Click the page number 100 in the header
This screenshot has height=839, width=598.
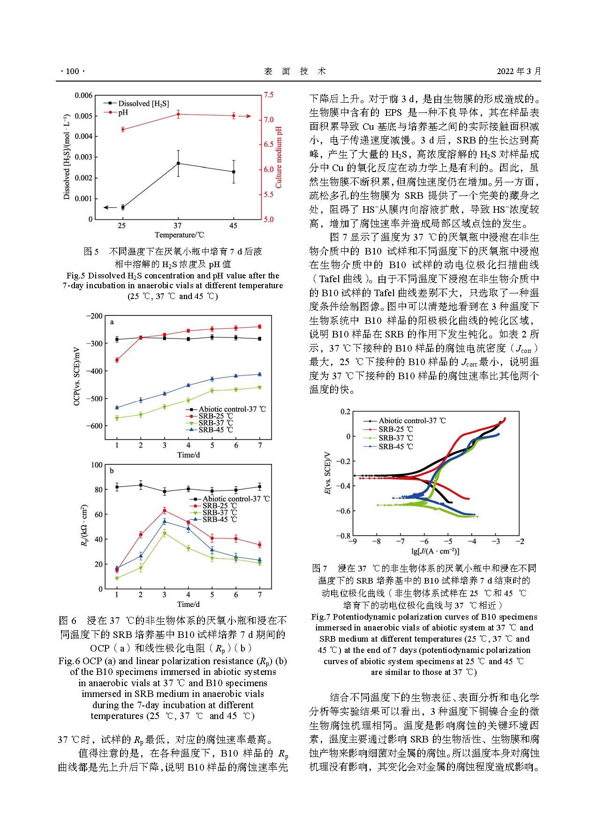tap(72, 71)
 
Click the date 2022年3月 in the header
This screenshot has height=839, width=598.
tap(519, 71)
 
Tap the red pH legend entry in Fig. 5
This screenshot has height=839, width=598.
tap(123, 112)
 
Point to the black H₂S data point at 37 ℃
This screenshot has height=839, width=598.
tap(178, 163)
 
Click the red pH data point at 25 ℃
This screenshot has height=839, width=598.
tap(123, 129)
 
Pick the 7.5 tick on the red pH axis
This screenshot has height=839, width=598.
tap(268, 95)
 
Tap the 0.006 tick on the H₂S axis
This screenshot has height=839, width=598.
tap(84, 96)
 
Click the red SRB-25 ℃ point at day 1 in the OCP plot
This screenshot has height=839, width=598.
tap(117, 360)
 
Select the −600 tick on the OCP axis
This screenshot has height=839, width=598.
tap(94, 426)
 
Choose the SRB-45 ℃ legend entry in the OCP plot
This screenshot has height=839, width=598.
tap(216, 430)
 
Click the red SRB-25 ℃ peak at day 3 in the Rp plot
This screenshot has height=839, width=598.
tap(165, 510)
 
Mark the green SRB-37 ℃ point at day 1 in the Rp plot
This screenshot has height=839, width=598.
tap(117, 578)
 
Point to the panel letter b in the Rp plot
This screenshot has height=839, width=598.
tap(112, 471)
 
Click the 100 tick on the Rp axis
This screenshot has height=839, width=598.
tap(96, 465)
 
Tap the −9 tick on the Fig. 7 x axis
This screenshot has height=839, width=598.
tap(352, 541)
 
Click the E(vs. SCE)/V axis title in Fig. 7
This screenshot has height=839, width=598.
tap(327, 473)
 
